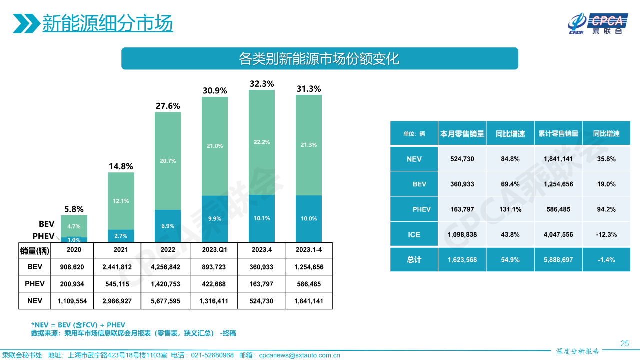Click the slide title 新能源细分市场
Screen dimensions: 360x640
point(107,23)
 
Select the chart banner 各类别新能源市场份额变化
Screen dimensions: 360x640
point(319,58)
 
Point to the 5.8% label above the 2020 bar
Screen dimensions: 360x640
point(74,209)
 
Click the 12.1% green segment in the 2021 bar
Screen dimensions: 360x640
point(121,201)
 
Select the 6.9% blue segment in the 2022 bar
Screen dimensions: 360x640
point(168,226)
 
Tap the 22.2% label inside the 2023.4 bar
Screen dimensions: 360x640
point(261,142)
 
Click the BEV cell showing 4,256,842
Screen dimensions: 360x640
point(168,267)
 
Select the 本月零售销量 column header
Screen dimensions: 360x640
point(462,134)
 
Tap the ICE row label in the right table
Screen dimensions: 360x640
point(414,234)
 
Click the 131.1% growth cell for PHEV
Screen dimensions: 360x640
point(510,209)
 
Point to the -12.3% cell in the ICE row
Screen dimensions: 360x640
point(606,234)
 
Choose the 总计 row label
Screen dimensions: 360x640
point(414,260)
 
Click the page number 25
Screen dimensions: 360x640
point(624,343)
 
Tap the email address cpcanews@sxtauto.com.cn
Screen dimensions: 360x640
point(300,355)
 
